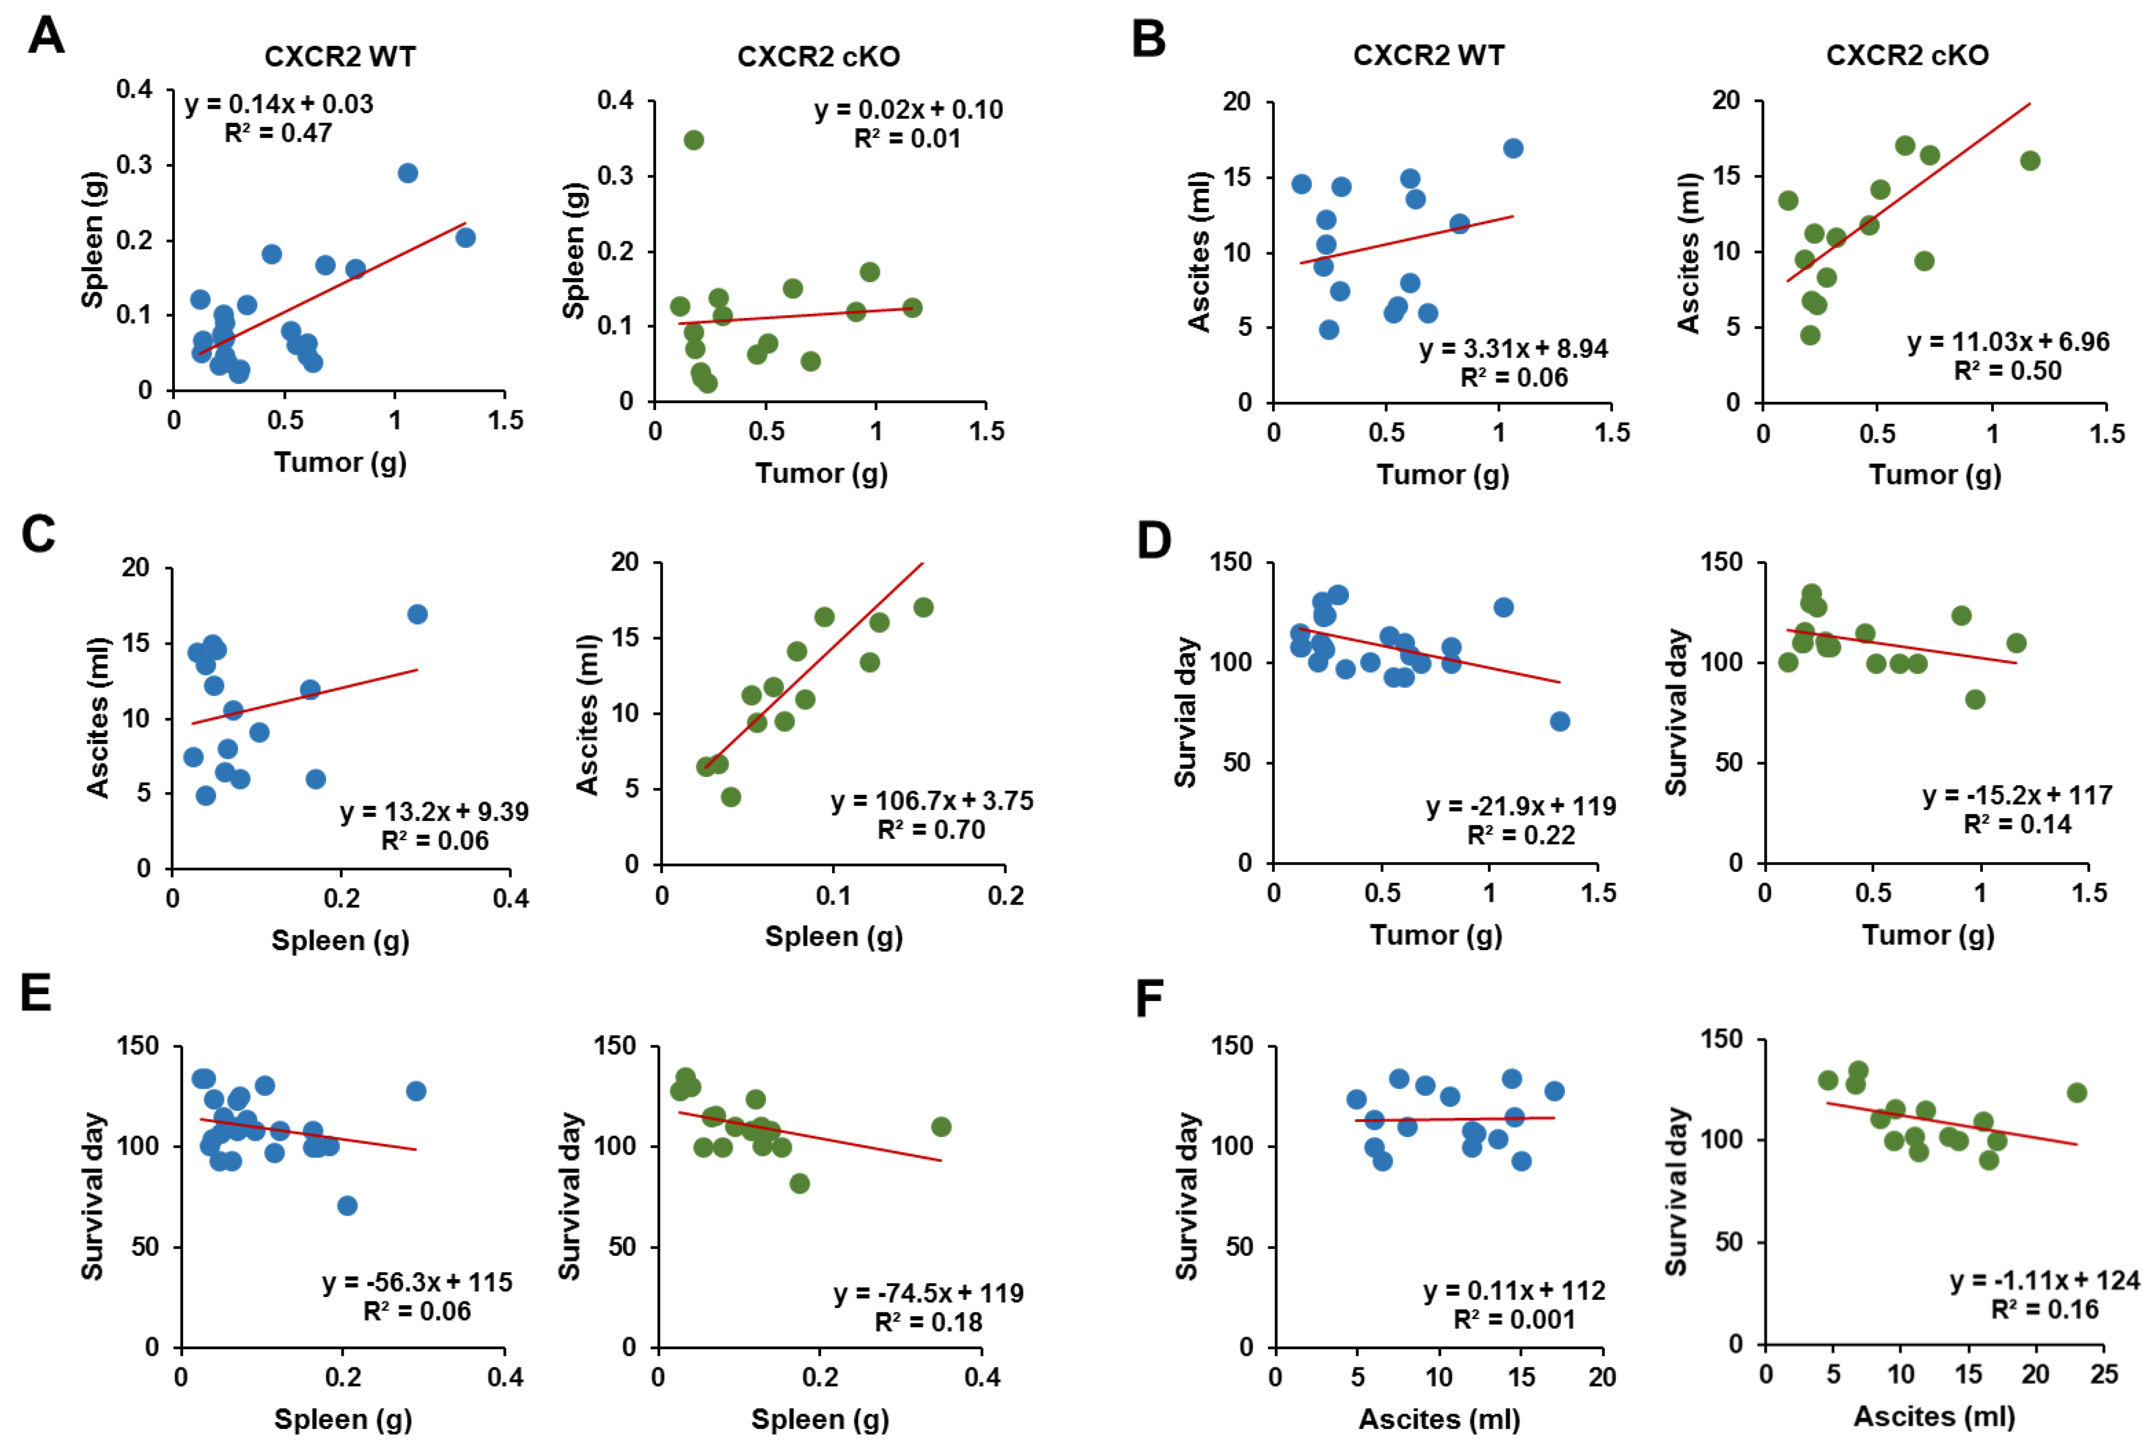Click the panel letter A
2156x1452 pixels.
tap(46, 37)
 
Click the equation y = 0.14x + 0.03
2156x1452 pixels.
tap(279, 104)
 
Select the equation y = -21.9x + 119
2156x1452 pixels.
tap(1521, 807)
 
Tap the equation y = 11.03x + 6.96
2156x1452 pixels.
tap(2008, 342)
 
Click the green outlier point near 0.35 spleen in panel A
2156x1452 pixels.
tap(694, 140)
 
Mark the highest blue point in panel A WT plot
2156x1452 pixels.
tap(408, 173)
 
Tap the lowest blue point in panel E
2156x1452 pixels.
tap(347, 1206)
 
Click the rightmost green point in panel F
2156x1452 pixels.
tap(2076, 1092)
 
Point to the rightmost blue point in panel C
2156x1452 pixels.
tap(417, 615)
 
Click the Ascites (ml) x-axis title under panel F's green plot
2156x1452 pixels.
tap(1934, 1417)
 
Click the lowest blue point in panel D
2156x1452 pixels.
tap(1560, 721)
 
